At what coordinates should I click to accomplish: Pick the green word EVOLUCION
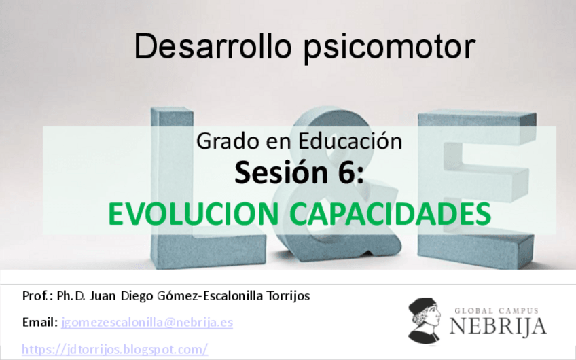(x=193, y=214)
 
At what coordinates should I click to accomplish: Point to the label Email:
(x=39, y=322)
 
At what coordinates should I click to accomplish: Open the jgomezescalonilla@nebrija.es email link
(x=147, y=322)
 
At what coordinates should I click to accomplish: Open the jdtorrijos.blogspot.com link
(x=114, y=349)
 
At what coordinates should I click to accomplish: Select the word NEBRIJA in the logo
(x=497, y=326)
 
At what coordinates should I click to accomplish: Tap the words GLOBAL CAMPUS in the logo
(x=497, y=310)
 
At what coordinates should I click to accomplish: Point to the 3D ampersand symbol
(x=319, y=238)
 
